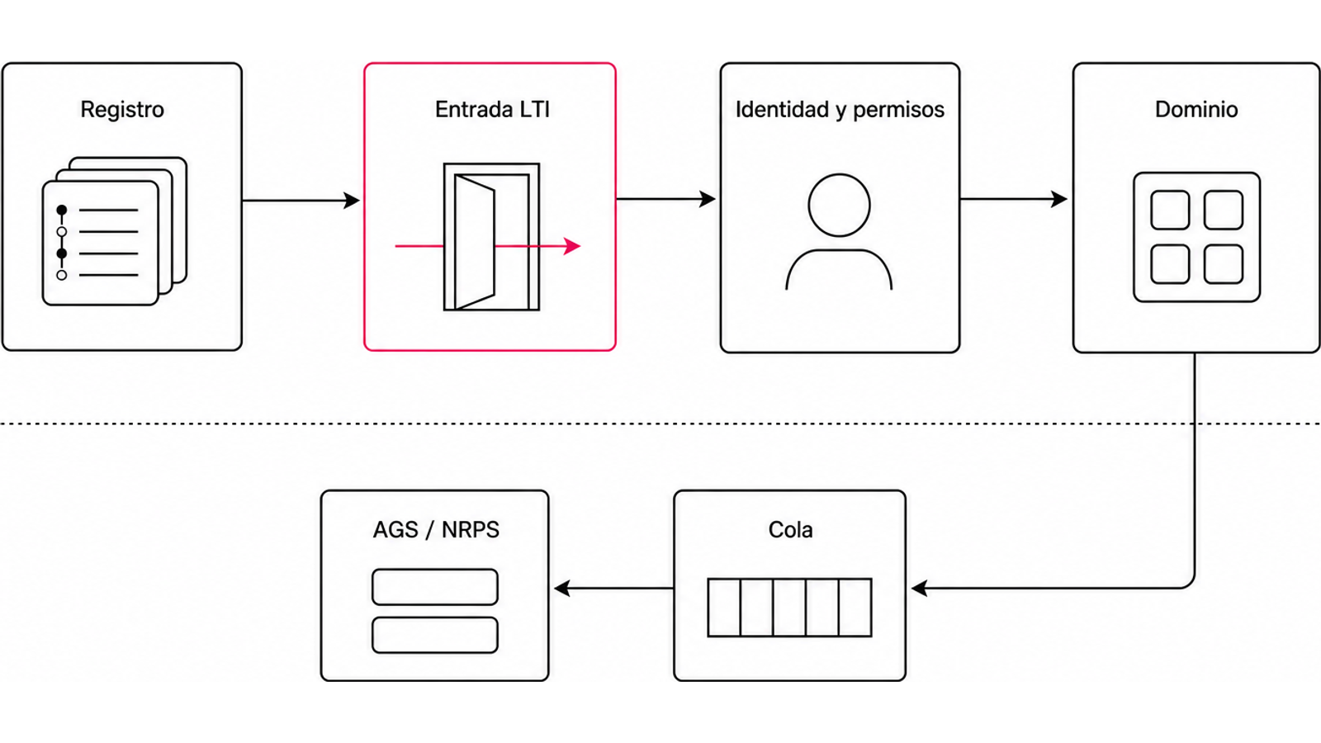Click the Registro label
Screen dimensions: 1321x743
point(122,110)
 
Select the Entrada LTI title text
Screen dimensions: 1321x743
point(492,110)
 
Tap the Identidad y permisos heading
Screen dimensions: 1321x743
point(840,110)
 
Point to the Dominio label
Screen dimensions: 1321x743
point(1196,110)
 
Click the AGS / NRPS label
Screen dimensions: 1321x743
point(436,529)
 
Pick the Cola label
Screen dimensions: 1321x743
point(790,529)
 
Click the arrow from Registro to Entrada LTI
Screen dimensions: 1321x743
point(301,201)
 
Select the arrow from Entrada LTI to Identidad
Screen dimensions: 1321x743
point(665,199)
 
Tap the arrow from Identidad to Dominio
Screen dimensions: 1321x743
point(1013,199)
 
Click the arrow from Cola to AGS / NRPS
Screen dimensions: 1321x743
point(614,588)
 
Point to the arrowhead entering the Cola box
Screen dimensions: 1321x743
point(919,588)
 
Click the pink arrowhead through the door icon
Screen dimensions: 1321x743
point(572,246)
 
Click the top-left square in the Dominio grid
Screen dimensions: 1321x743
point(1170,210)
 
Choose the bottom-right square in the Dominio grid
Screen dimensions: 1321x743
point(1224,264)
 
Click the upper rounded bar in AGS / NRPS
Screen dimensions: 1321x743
point(435,587)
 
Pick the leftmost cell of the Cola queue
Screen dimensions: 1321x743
point(724,608)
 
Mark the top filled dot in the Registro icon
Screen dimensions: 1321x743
point(61,210)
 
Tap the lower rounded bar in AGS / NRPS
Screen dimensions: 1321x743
point(435,635)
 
